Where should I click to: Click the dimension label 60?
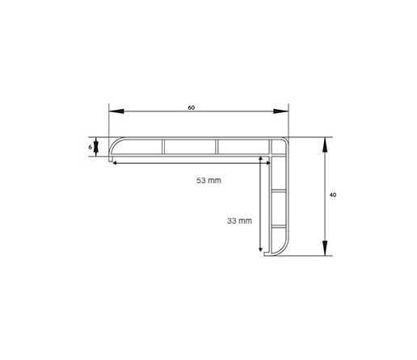191,107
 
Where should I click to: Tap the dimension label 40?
333,195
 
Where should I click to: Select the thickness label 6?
90,147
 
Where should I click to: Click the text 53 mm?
208,180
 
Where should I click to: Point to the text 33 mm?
239,221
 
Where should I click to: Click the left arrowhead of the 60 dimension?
116,111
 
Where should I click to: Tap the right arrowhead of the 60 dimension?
280,111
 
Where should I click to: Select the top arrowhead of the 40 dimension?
325,144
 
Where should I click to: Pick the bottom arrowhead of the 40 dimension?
325,248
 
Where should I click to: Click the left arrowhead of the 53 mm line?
114,163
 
